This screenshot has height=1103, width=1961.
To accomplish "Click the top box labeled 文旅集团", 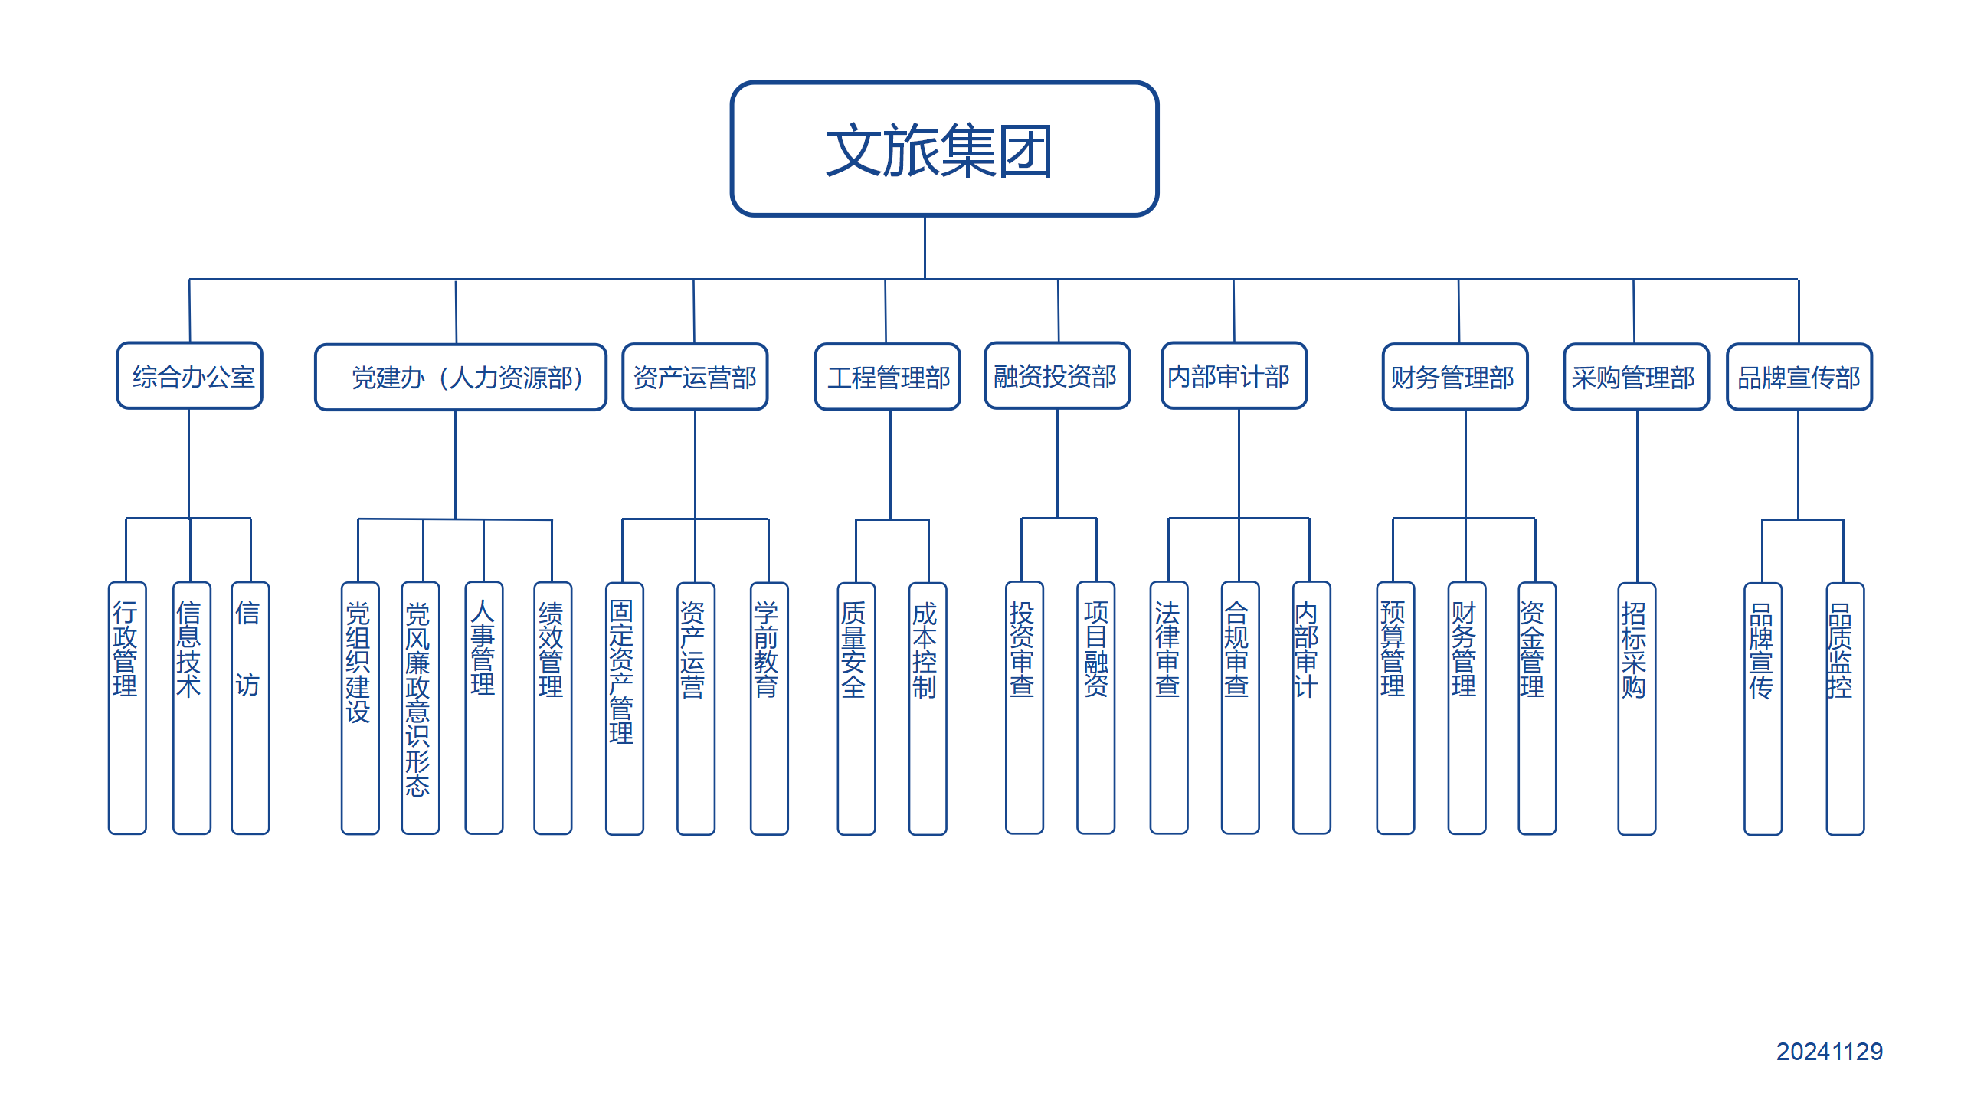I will [x=944, y=149].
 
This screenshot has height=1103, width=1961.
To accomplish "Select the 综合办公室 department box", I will [x=190, y=376].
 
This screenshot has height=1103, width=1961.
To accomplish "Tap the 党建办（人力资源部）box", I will [x=460, y=378].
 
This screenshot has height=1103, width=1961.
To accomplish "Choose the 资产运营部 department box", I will [x=695, y=378].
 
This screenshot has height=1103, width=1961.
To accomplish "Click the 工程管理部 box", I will [x=887, y=378].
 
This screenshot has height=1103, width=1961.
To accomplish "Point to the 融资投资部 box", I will [x=1057, y=376].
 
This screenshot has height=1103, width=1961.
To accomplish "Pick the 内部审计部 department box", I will [x=1234, y=376].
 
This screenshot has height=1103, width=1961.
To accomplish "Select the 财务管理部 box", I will [x=1455, y=378].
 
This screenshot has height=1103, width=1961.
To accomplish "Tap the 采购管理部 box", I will [x=1636, y=378].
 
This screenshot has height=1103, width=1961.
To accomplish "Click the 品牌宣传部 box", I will [x=1799, y=378].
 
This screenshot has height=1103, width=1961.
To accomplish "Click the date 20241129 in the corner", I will [x=1829, y=1052].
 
